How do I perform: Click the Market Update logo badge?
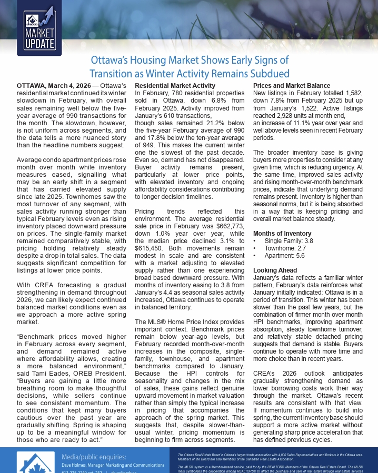point(39,29)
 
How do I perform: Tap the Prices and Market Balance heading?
point(292,85)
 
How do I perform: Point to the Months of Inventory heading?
point(282,233)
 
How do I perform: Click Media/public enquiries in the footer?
point(94,456)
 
